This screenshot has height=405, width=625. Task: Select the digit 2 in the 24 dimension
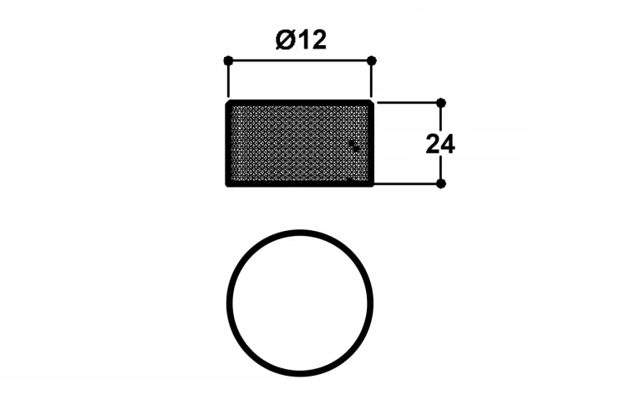coord(434,144)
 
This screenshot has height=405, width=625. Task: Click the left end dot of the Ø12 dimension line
coord(228,61)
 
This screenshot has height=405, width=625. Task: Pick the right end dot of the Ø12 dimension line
coord(372,61)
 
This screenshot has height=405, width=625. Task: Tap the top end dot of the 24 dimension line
coord(441,103)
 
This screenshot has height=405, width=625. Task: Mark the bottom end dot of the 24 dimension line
coord(441,184)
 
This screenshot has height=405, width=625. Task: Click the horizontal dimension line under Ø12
coord(300,61)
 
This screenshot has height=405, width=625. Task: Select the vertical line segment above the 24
coord(441,119)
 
